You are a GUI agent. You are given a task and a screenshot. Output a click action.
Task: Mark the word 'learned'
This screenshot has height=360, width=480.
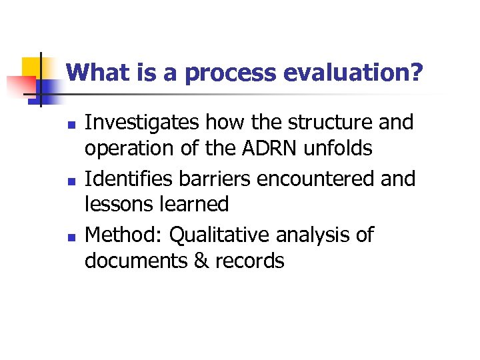[x=196, y=204]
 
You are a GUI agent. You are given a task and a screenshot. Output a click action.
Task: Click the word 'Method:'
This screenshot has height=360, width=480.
[x=124, y=235]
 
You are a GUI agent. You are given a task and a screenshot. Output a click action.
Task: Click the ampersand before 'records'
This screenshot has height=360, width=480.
[x=201, y=261]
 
